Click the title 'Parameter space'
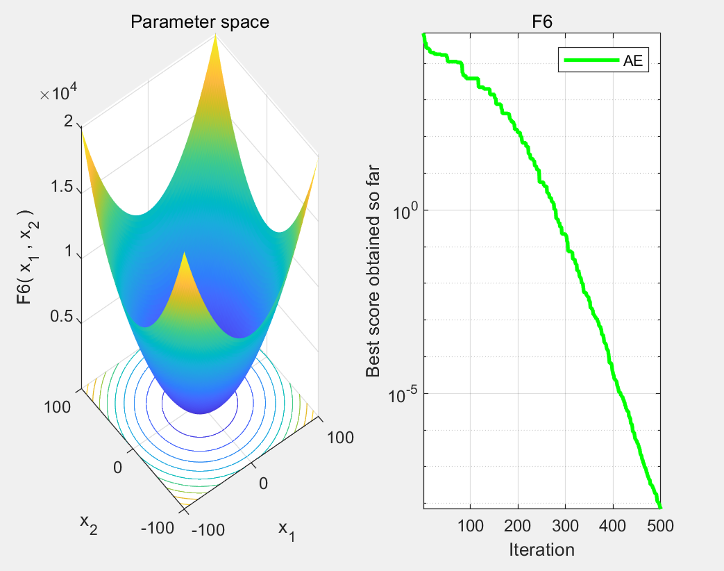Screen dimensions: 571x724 [200, 22]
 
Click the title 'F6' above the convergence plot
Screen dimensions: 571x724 [541, 22]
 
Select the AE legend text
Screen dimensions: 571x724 [632, 60]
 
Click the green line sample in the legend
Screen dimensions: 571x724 [590, 60]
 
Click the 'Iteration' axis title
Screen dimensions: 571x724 [541, 549]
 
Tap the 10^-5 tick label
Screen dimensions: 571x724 [403, 394]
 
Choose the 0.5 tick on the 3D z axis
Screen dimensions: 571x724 [62, 317]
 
